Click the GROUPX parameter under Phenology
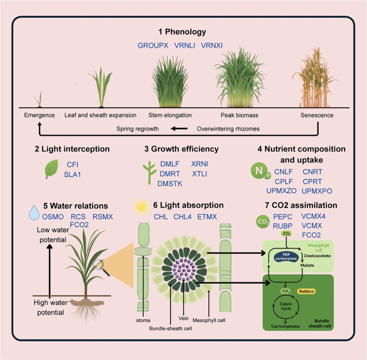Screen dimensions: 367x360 point(153,45)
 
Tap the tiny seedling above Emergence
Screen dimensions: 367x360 point(39,99)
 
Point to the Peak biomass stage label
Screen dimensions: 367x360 point(239,115)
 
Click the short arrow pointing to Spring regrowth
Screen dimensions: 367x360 point(179,129)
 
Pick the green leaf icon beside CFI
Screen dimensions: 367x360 point(51,169)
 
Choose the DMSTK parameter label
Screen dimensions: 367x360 point(170,184)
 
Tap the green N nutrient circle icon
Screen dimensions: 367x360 point(259,171)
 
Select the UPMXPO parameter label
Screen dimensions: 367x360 point(317,191)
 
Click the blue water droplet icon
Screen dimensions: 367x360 point(34,212)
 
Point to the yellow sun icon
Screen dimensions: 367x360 point(141,207)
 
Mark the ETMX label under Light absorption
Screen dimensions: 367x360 point(207,217)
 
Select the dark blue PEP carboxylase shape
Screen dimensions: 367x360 point(286,256)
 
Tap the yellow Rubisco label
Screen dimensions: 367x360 point(306,292)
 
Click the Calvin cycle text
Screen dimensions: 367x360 point(286,306)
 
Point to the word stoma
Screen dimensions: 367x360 point(143,321)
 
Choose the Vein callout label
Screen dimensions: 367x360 point(183,318)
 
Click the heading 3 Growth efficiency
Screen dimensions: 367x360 point(181,149)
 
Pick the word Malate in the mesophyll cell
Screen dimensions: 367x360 point(307,266)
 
